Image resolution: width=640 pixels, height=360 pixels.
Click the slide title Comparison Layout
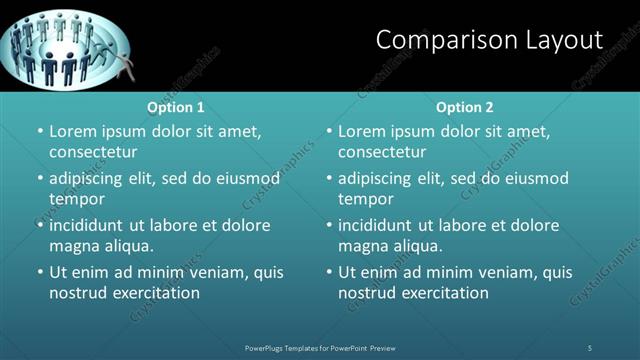pos(489,40)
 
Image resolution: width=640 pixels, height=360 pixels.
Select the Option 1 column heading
pos(176,107)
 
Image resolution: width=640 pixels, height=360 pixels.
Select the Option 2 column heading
pos(465,107)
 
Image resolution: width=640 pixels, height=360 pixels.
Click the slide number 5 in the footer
pos(590,347)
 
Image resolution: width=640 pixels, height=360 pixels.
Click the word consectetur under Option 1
pos(93,152)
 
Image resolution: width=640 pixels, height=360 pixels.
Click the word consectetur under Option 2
pos(382,152)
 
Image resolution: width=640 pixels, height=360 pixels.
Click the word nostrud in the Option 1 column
pos(76,293)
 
